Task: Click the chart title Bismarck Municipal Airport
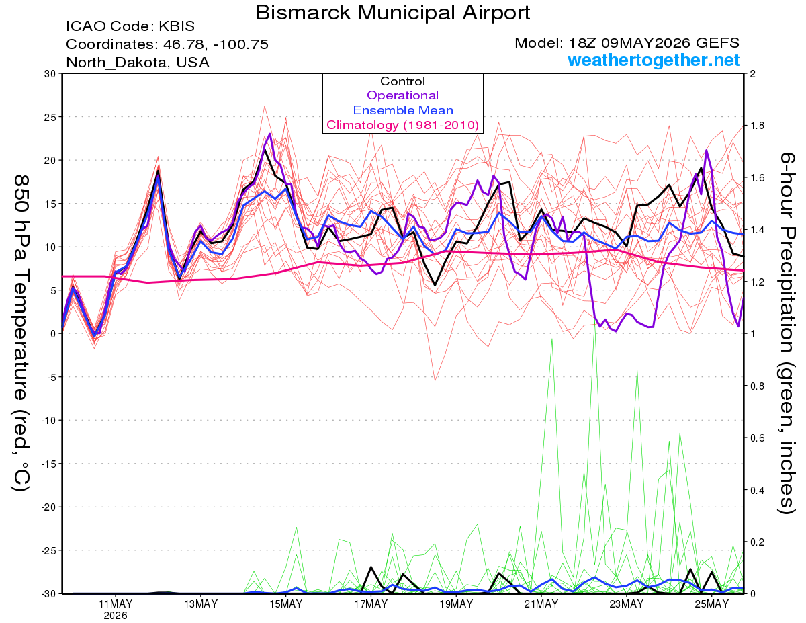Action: point(393,13)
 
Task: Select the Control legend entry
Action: point(402,81)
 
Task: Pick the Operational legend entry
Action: point(402,95)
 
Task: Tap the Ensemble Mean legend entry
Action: point(403,110)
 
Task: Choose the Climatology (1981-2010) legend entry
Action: point(403,125)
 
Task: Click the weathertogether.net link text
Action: point(654,60)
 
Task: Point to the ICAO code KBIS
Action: point(177,26)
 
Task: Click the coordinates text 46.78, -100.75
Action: point(216,44)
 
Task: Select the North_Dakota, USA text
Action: point(138,63)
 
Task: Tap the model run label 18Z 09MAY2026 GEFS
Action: point(654,43)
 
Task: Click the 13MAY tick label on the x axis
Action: point(201,604)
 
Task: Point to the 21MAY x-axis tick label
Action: point(541,604)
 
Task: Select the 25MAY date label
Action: point(712,604)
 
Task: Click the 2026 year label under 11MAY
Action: point(116,616)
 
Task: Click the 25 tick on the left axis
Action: point(50,117)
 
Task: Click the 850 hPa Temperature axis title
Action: point(21,333)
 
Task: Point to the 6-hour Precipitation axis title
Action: point(787,333)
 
